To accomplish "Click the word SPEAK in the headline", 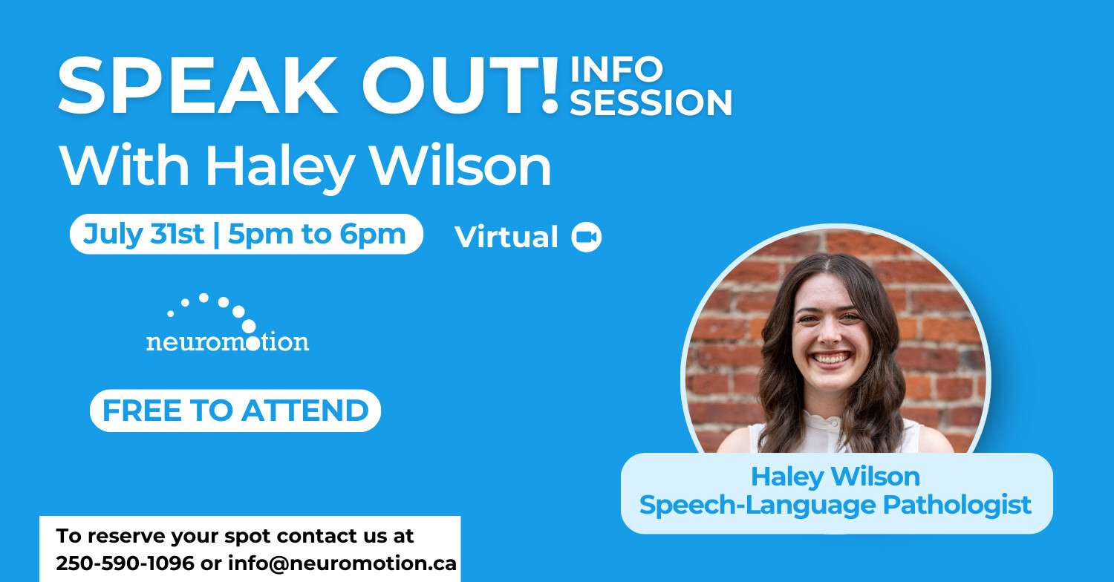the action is [198, 85].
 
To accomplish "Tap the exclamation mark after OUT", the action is [550, 85].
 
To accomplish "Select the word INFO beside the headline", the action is [616, 69].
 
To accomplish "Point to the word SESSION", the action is [651, 102].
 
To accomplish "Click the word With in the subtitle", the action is [124, 165].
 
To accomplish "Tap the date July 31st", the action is [143, 234].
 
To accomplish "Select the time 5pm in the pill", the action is [261, 235].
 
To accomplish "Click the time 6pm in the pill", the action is [373, 235].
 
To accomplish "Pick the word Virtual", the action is [506, 237].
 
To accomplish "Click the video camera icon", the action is [587, 237].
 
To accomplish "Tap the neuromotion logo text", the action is [227, 342].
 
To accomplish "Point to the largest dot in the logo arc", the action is [249, 327].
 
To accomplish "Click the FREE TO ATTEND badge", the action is [235, 411].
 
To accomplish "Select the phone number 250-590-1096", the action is [125, 563].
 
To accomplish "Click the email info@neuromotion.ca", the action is [342, 563].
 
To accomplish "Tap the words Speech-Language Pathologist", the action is [835, 506].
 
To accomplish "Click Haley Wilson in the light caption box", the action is [835, 477].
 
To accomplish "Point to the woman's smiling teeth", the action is [831, 358].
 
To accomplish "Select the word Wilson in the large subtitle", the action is [461, 165].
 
